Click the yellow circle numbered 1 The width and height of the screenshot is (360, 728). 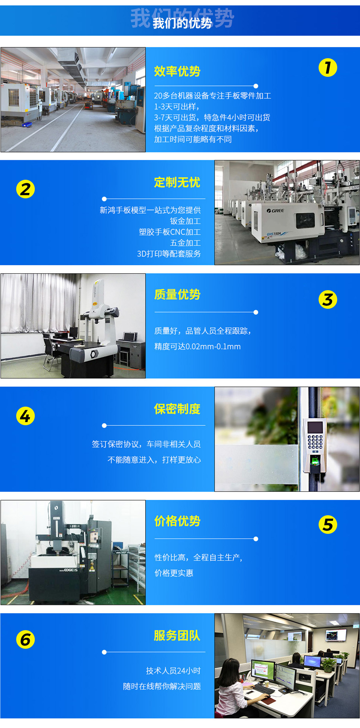pos(328,68)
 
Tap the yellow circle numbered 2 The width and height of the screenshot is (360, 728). pos(25,189)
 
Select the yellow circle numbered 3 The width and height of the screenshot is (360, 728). pos(328,299)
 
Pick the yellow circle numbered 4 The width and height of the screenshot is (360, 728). pos(25,416)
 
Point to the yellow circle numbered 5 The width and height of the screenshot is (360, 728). pos(328,525)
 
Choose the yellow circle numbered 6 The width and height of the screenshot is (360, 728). pos(25,639)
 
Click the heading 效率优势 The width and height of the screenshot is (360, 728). pos(177,71)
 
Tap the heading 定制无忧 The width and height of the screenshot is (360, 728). pos(177,182)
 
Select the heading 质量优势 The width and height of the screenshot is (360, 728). pos(177,295)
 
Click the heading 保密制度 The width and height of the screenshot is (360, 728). pos(177,409)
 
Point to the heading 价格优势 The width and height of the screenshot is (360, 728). pos(177,521)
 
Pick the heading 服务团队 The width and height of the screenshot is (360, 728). pos(177,636)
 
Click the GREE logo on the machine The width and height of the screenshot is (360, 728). pos(275,211)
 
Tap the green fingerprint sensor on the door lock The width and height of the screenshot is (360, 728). pos(315,460)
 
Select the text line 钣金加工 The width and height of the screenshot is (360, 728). pos(185,221)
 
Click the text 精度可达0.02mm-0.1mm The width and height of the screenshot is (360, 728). pos(197,347)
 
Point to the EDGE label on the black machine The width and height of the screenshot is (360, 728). pos(71,570)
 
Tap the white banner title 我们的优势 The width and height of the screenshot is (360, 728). pos(182,23)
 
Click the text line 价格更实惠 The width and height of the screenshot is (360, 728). pos(174,573)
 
